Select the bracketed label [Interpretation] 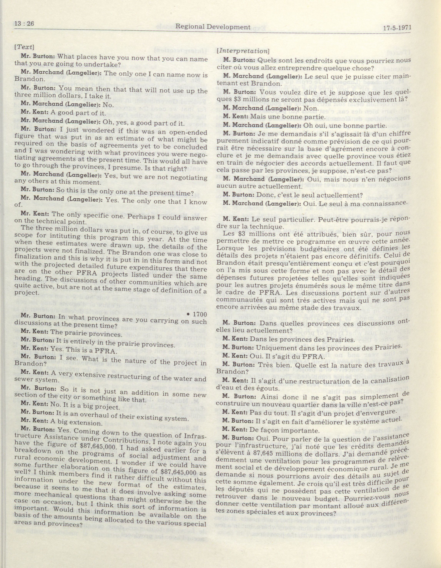pyautogui.click(x=243, y=51)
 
